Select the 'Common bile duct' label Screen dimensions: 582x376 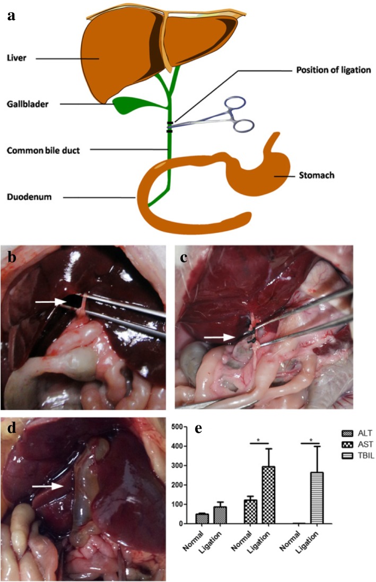pos(43,151)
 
